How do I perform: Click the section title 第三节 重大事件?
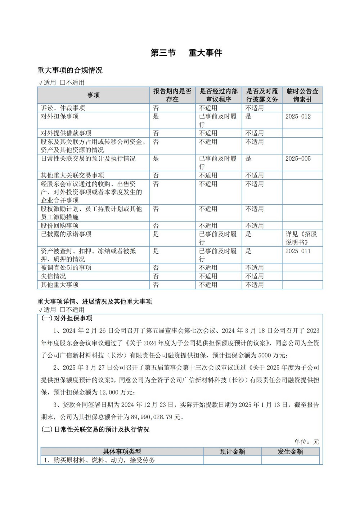click(186, 53)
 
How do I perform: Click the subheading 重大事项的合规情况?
click(70, 70)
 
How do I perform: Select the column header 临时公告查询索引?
click(302, 95)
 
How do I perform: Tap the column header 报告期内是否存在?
click(172, 95)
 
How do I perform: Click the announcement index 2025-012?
click(298, 116)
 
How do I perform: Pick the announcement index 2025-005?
click(298, 158)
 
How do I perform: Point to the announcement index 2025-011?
click(298, 251)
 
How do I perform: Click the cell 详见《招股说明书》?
click(302, 238)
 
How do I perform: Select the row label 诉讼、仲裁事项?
click(63, 108)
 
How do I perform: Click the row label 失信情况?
click(53, 276)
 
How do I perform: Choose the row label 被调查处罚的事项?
click(66, 267)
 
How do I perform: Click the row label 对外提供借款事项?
click(66, 133)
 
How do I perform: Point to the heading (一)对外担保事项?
click(67, 318)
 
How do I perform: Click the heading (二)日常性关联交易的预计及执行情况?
click(95, 429)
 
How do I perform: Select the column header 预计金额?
click(232, 451)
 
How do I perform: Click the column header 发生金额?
click(290, 451)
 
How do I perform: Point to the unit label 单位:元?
click(306, 442)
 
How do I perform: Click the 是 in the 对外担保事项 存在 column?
click(156, 116)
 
